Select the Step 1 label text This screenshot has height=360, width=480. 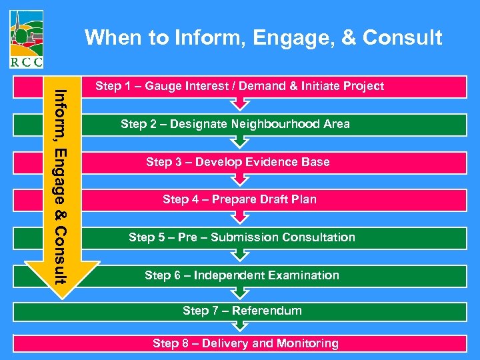(239, 86)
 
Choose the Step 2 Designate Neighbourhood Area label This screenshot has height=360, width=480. (235, 124)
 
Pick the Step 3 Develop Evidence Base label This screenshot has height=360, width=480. (237, 162)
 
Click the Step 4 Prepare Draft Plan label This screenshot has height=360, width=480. (239, 199)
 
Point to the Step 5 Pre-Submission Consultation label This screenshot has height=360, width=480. (241, 237)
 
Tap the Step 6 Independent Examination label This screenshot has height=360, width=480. (241, 275)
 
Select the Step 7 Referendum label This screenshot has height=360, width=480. (242, 311)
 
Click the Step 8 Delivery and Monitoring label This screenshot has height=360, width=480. (245, 343)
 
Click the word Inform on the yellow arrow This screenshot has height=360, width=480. (61, 109)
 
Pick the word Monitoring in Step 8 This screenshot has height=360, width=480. (307, 343)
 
